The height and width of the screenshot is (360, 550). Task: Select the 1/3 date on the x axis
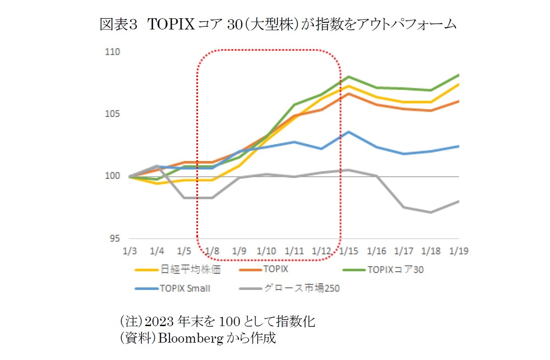tap(129, 251)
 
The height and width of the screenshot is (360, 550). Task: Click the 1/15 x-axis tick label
tap(348, 251)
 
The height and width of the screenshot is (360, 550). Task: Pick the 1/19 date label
tap(459, 251)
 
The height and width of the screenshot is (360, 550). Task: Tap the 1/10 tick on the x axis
tap(266, 251)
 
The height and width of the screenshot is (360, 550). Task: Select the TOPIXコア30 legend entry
tap(392, 269)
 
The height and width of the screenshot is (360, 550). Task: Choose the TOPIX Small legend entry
tap(185, 288)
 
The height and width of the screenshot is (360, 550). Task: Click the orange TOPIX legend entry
tap(276, 269)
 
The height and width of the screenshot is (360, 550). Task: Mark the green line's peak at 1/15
tap(348, 77)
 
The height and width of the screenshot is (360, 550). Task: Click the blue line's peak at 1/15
tap(348, 132)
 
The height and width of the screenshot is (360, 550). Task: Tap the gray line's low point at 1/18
tap(431, 212)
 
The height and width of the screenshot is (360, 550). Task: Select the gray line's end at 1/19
tap(459, 201)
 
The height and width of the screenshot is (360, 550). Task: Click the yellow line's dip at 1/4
tap(157, 183)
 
